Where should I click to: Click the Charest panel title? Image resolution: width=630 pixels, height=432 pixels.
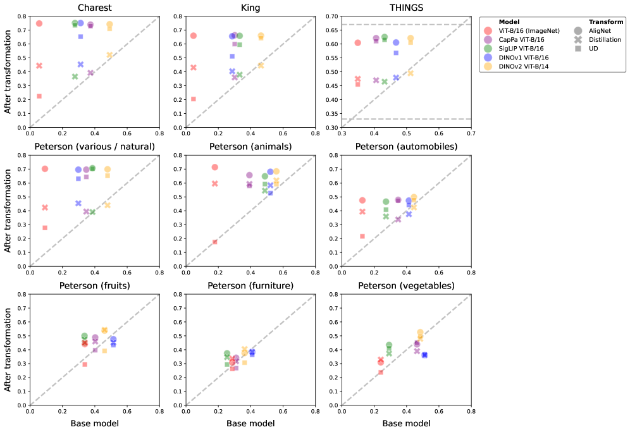click(95, 8)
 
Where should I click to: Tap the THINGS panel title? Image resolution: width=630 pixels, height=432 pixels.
click(406, 8)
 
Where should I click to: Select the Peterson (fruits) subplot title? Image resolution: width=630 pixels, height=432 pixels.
click(95, 285)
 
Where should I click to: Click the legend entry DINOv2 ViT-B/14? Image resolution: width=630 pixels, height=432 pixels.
click(524, 66)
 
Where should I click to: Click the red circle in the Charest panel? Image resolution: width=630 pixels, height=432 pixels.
click(39, 23)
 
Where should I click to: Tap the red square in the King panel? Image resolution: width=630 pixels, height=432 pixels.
click(193, 99)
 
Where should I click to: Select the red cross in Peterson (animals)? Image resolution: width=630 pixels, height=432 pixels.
click(215, 183)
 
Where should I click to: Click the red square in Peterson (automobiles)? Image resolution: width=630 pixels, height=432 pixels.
click(362, 236)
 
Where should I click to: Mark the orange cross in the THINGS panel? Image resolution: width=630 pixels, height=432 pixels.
click(411, 73)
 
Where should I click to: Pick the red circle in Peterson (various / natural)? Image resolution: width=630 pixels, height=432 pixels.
click(45, 169)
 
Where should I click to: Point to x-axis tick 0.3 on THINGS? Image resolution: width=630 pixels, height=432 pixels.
click(342, 133)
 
